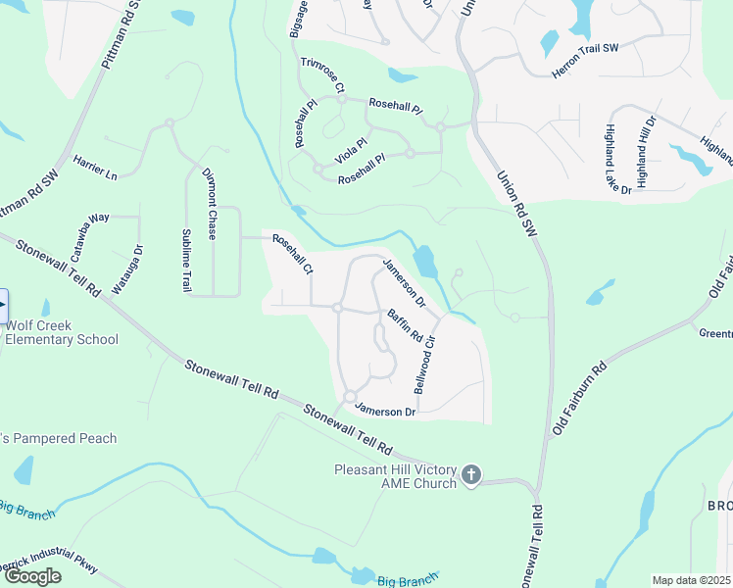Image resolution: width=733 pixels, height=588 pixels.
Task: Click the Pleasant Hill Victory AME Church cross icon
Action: click(470, 475)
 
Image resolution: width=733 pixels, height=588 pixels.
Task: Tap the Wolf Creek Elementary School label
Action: click(61, 332)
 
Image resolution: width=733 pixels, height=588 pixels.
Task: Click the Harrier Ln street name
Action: click(95, 168)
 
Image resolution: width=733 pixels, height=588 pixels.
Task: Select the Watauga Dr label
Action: click(129, 269)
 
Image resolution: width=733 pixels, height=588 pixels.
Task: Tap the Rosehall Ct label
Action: click(292, 253)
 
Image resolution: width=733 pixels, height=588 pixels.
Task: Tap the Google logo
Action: click(32, 575)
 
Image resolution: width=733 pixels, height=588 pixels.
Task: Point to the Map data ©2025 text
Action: click(691, 580)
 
